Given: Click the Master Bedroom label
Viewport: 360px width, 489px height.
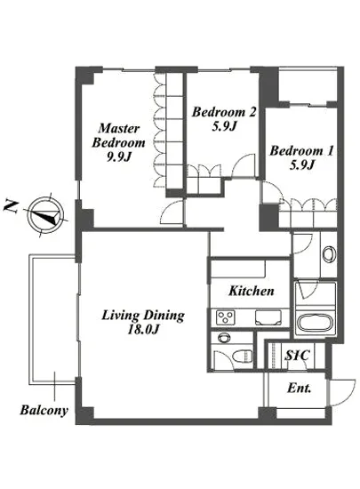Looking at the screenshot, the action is coord(118,136).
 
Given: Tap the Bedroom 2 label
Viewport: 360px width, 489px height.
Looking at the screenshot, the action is coord(224,112).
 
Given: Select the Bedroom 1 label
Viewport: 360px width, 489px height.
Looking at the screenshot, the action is coord(301,150).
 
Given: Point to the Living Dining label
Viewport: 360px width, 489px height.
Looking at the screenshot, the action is coord(143,315).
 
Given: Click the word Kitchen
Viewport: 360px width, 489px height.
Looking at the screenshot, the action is coord(252,291).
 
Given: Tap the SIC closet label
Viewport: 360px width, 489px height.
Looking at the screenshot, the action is coord(298,356).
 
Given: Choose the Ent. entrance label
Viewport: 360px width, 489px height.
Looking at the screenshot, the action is coord(300,389).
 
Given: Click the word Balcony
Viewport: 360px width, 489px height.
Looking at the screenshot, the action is coord(44,410).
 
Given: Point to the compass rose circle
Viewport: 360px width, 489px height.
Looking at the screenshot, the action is coord(46,215).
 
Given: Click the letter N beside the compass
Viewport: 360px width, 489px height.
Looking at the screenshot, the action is coord(11,206).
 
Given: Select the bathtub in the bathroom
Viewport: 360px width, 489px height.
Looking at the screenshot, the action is coord(315,324).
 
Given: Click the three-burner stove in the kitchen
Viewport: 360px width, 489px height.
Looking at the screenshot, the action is coord(225,317).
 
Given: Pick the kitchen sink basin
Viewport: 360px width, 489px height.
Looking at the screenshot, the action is coord(268,317).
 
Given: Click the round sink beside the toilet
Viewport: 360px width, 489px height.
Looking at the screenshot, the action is coord(223,338).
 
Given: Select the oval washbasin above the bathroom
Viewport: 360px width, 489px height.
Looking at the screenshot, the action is coord(329,254).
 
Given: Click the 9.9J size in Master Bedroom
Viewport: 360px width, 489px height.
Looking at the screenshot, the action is coord(118,156).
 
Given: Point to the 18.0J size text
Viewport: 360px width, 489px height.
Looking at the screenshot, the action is coord(143,330).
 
